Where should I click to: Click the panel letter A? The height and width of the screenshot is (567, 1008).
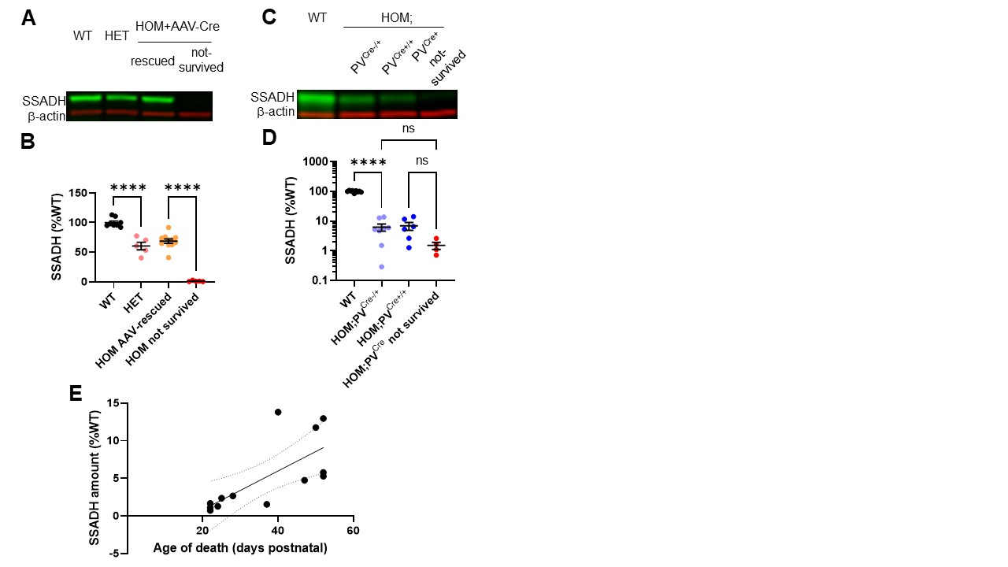point(28,17)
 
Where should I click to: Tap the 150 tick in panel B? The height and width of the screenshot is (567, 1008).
point(76,192)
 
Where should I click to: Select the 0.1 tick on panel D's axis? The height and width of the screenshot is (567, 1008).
point(319,281)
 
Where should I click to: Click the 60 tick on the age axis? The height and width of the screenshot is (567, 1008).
point(354,531)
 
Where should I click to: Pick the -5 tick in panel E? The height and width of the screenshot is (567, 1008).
point(113,554)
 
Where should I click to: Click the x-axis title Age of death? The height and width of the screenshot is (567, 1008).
point(240,547)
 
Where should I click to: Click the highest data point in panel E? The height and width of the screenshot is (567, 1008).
point(278,412)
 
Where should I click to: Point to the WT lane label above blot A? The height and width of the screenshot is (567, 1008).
point(83,35)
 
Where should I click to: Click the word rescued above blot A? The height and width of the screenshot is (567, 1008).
point(153,61)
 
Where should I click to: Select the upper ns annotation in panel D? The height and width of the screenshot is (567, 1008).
point(408,127)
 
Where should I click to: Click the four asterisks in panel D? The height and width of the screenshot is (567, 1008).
point(368,163)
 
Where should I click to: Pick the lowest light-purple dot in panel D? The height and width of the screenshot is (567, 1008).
point(381,266)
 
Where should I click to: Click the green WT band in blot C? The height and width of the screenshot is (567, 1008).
point(317,100)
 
